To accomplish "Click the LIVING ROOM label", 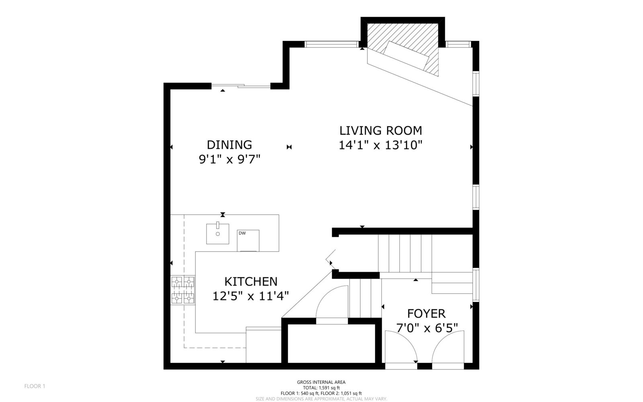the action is click(x=381, y=131).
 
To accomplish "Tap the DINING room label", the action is click(x=229, y=145).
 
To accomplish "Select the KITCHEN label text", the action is click(x=251, y=282).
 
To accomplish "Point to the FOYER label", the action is click(x=426, y=314).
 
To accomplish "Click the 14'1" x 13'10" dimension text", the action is click(x=381, y=145).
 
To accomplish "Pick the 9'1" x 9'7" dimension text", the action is click(x=229, y=159).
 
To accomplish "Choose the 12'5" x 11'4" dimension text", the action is click(x=251, y=296).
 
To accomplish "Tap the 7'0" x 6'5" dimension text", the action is click(x=427, y=328).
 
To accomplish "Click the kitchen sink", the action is click(x=217, y=234).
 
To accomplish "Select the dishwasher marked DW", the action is click(x=248, y=241).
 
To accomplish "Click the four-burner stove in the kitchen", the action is click(x=183, y=290).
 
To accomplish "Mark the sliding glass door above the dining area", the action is click(x=241, y=86).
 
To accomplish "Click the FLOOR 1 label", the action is click(x=35, y=386).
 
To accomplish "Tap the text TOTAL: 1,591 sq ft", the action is click(x=321, y=388).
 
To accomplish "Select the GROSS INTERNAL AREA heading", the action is click(x=321, y=382).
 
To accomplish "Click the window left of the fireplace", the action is click(x=332, y=44).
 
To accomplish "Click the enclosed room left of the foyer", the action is click(x=332, y=343).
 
